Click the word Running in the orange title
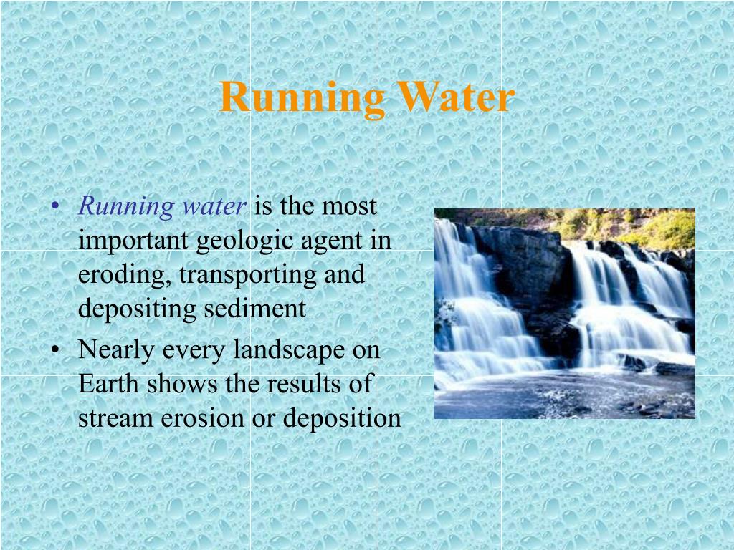coord(302,98)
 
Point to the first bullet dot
coord(56,208)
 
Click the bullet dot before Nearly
coord(56,351)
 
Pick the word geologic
coord(239,241)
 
